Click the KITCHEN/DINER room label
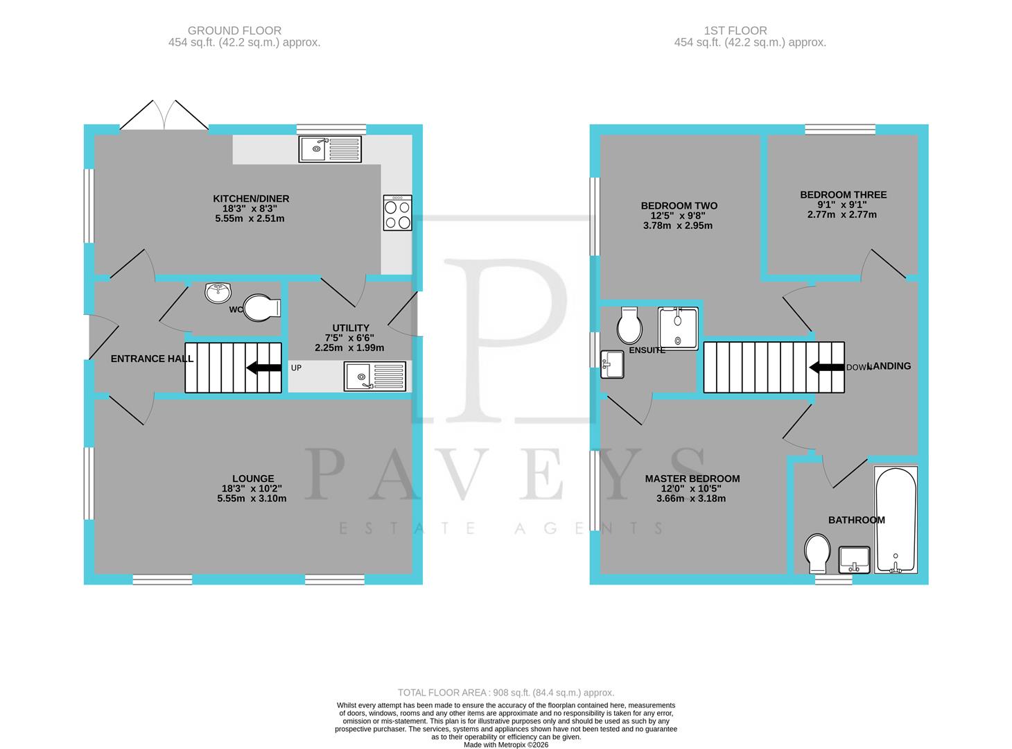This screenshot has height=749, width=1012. tap(251, 199)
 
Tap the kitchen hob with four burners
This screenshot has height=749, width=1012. tap(397, 212)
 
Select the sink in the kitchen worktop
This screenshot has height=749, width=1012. tap(330, 148)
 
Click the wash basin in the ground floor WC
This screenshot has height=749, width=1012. tap(219, 293)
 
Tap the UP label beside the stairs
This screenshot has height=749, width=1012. tap(296, 368)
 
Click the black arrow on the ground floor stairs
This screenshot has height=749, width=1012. tap(264, 368)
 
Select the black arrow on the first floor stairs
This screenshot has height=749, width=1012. tap(827, 368)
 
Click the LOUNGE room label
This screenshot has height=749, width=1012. tap(253, 479)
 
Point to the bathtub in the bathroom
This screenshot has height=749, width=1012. tap(896, 520)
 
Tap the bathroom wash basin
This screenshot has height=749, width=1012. tap(855, 560)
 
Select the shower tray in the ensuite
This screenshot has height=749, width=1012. tap(678, 327)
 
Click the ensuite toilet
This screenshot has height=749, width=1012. tap(630, 326)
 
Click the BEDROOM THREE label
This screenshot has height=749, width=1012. tap(843, 195)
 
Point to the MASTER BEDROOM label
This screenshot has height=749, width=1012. tap(692, 479)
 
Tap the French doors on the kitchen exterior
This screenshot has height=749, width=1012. tap(164, 117)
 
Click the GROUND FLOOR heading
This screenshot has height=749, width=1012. tap(234, 31)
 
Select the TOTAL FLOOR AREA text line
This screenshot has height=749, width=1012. tap(505, 692)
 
